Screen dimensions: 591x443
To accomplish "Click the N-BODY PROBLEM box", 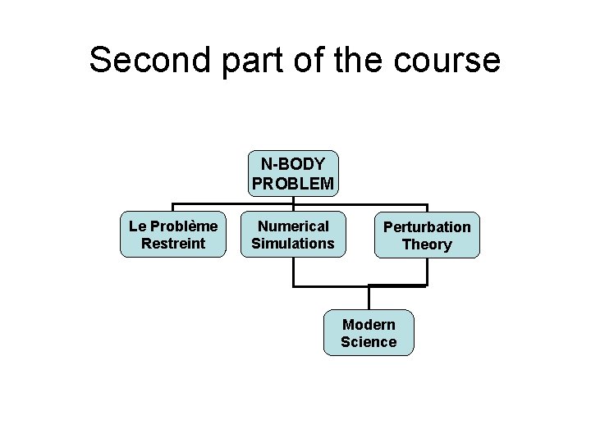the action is click(293, 174).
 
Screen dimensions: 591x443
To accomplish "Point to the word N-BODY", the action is click(293, 165).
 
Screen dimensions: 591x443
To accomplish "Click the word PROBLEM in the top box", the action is click(293, 184).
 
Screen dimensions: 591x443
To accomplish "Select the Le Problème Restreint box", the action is click(172, 235).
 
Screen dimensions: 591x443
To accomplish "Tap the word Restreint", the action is click(172, 244).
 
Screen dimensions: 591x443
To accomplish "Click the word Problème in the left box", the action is click(185, 226).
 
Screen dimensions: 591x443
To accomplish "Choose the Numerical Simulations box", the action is click(293, 235).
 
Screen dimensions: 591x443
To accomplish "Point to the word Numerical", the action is click(293, 226).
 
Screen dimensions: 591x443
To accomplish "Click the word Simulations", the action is click(293, 244).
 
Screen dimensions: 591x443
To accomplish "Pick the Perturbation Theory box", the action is click(427, 235).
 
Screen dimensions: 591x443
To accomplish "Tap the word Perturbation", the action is click(427, 226).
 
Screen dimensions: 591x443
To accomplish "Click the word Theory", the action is click(427, 244).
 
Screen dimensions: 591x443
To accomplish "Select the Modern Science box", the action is click(369, 333).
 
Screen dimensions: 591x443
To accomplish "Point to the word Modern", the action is click(369, 324).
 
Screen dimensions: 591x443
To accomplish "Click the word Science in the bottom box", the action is click(369, 342).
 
